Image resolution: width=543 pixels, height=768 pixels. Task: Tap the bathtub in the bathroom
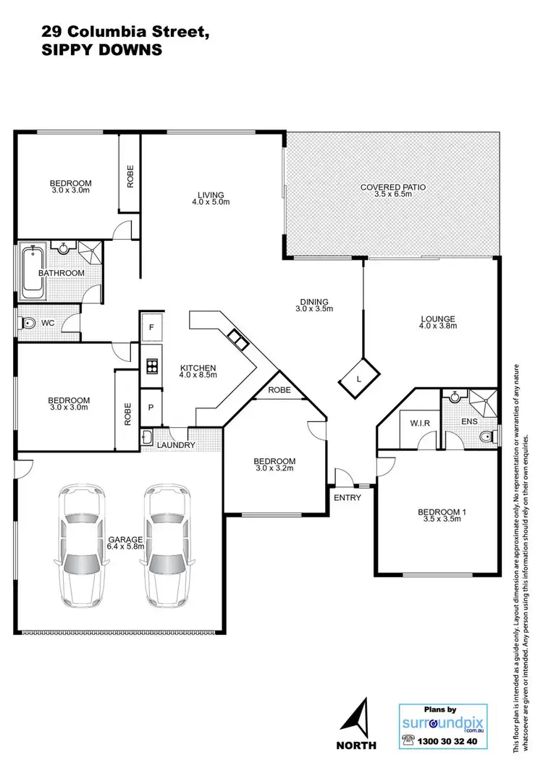(x=33, y=273)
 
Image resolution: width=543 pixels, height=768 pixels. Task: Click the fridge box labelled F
(x=151, y=328)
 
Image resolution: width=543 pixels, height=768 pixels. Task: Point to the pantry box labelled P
(x=151, y=407)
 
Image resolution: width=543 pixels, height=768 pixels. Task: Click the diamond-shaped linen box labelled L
(x=360, y=378)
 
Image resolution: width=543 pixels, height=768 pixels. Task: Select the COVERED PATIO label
(x=393, y=187)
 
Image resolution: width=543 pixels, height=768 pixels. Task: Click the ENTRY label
(x=347, y=497)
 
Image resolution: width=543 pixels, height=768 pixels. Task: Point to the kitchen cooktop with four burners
(x=153, y=366)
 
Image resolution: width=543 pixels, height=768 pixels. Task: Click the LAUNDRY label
(x=177, y=445)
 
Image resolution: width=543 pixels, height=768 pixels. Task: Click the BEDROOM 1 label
(x=442, y=513)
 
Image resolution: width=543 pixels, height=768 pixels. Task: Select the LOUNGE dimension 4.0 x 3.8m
(x=434, y=326)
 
